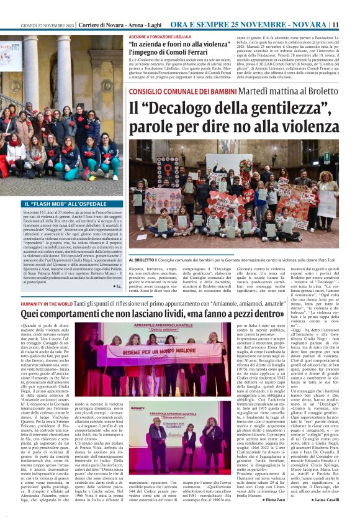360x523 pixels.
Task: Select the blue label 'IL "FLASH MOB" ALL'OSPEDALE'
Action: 57,204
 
